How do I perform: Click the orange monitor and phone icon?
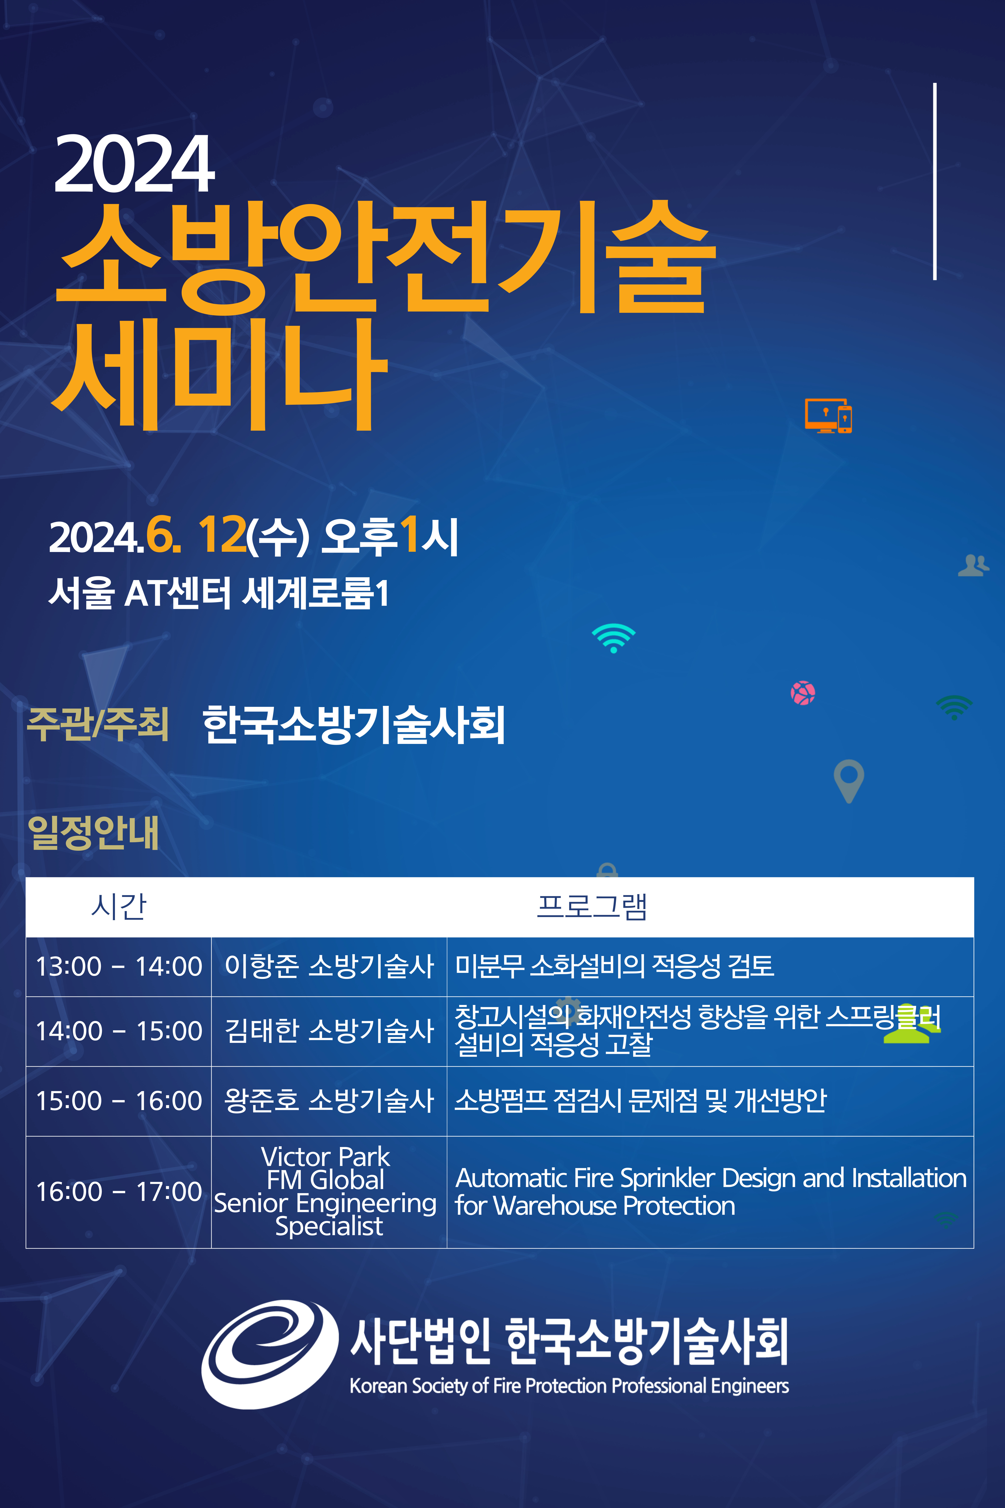(x=828, y=415)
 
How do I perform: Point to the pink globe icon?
(x=802, y=693)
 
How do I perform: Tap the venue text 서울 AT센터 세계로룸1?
(x=218, y=593)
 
